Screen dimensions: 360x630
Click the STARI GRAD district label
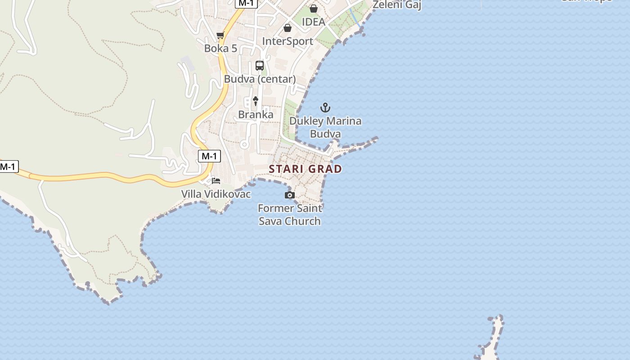point(305,169)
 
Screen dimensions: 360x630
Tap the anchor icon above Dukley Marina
point(325,108)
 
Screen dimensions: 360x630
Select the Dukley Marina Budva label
point(325,127)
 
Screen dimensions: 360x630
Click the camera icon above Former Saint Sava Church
point(290,195)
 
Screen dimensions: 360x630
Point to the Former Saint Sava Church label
point(290,215)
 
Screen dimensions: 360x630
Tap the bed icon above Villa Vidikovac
point(216,181)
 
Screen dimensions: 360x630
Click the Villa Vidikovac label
point(216,194)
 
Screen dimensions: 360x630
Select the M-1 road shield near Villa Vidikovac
point(209,156)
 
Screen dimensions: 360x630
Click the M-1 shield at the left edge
point(8,167)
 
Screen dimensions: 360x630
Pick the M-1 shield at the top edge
point(246,3)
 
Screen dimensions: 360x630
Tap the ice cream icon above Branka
point(256,101)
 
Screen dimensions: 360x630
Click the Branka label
point(256,115)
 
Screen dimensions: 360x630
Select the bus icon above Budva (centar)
point(260,66)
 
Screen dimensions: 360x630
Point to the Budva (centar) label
point(260,79)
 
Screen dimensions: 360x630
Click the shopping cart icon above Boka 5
point(220,36)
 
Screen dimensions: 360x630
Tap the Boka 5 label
point(220,48)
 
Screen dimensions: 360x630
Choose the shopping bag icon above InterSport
point(287,28)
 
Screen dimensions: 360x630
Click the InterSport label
point(288,41)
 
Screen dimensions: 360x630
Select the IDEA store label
point(313,22)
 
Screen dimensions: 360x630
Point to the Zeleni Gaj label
point(397,5)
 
